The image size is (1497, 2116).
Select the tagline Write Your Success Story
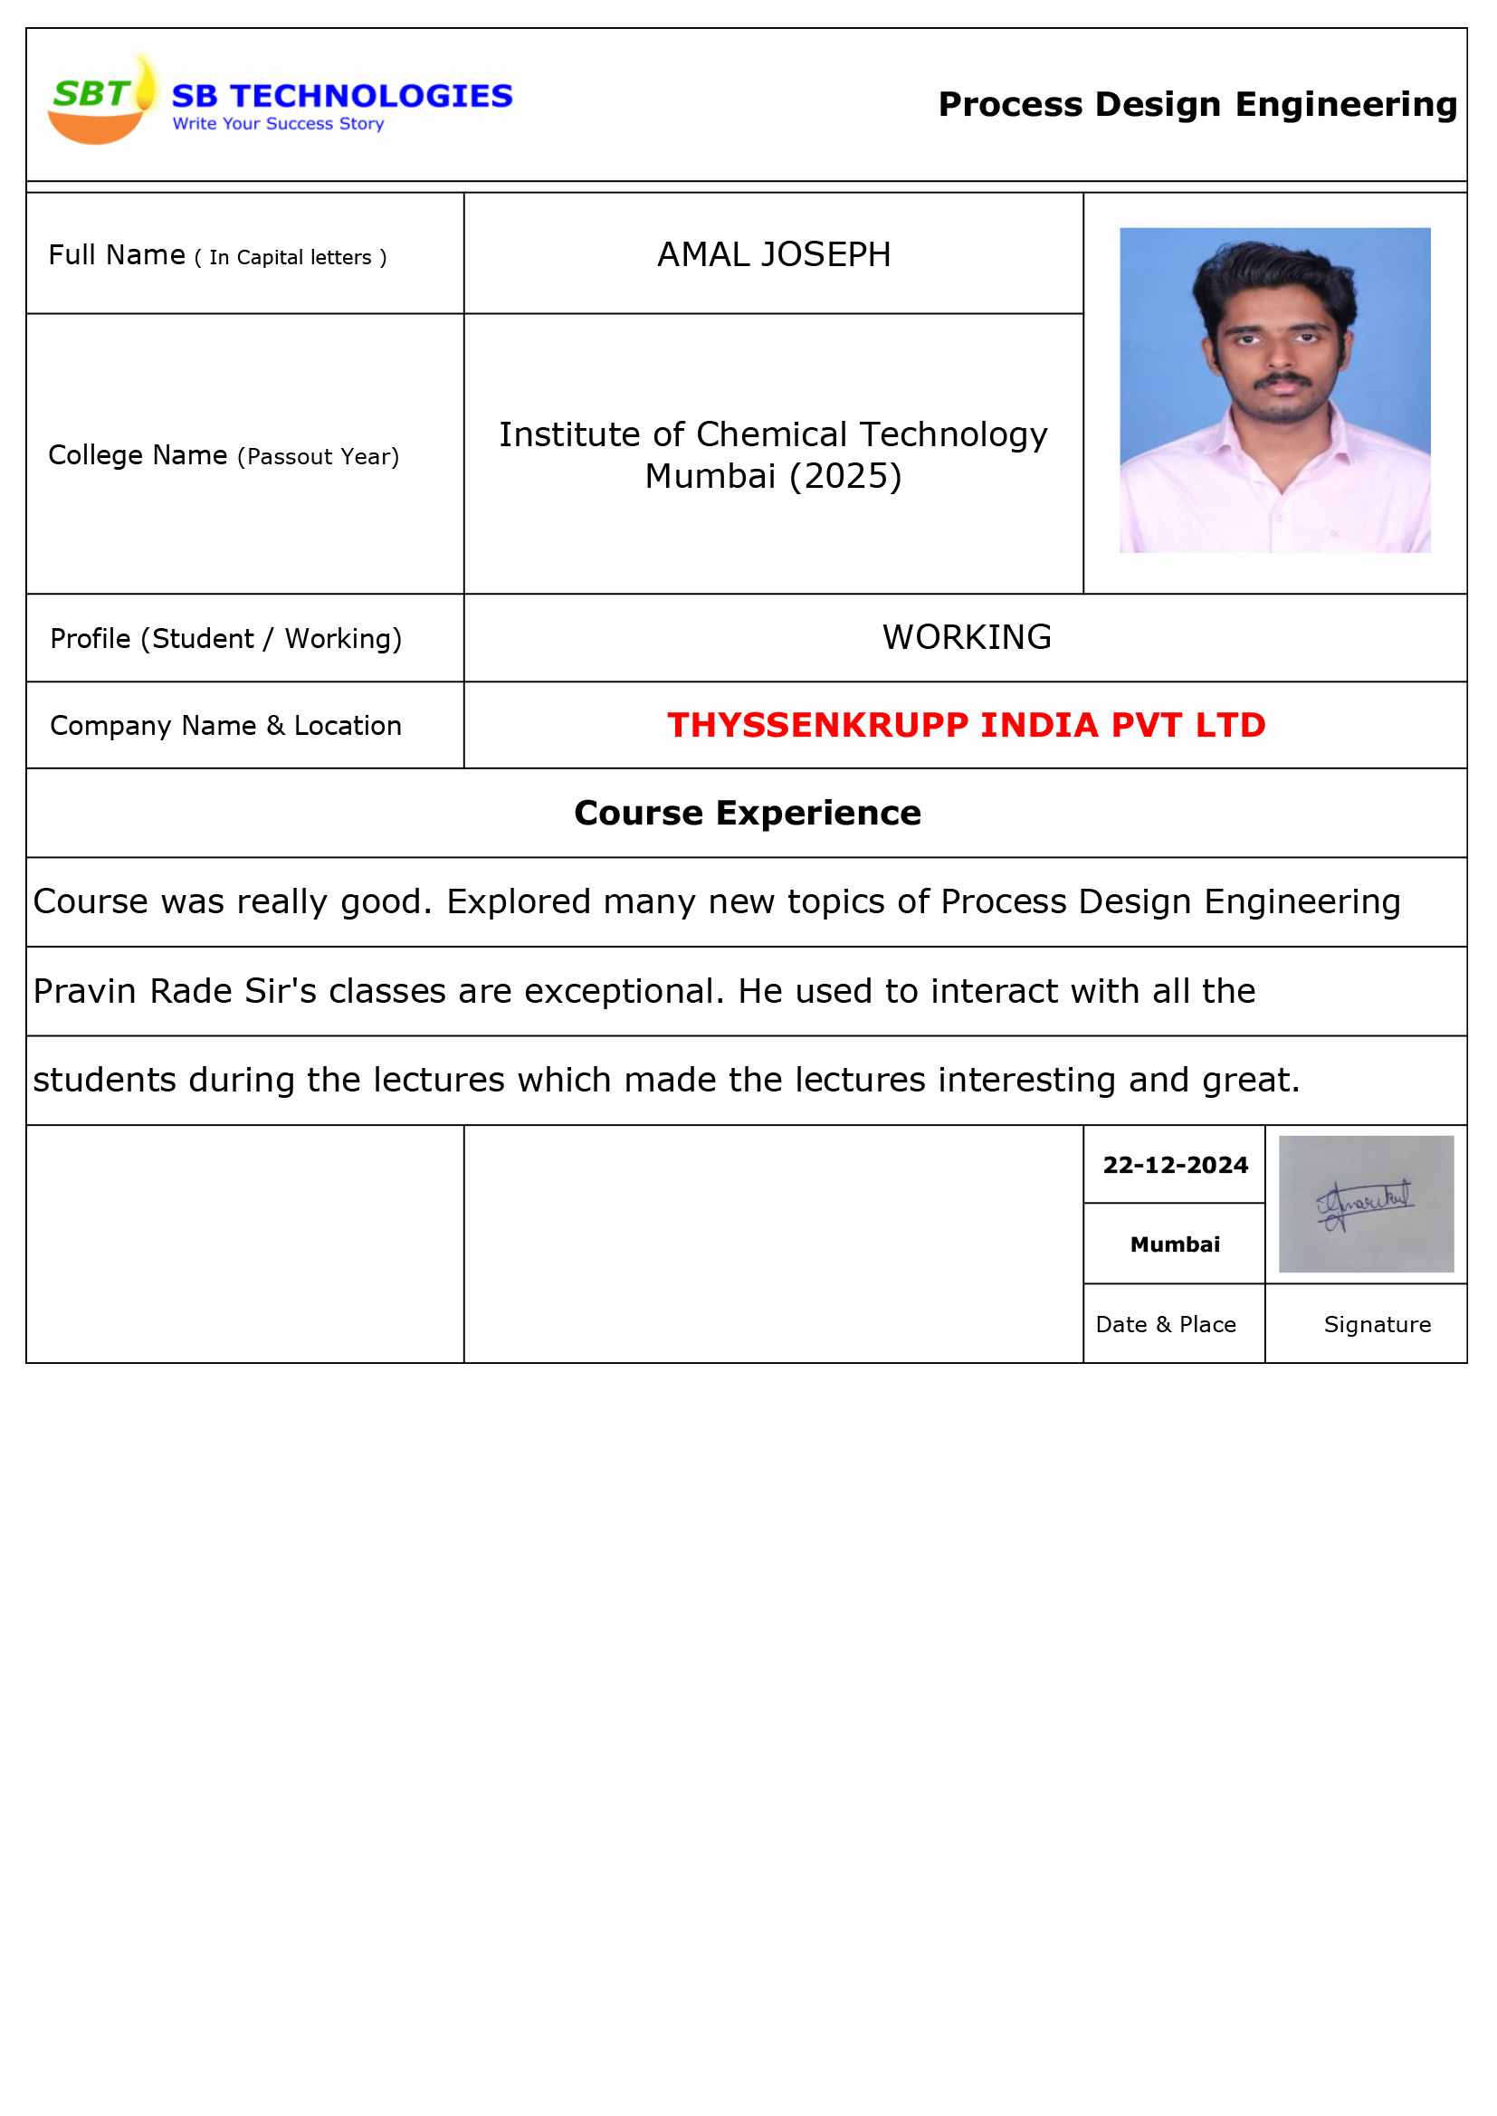point(278,123)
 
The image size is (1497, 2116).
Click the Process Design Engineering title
point(1197,104)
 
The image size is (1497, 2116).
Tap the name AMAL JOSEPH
point(773,254)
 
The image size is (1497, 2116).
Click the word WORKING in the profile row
point(966,637)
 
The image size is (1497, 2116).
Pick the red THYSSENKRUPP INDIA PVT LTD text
point(966,725)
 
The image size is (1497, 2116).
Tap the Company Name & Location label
point(226,726)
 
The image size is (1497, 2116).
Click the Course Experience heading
point(747,813)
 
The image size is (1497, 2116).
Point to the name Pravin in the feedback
point(84,991)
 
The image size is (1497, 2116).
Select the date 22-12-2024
point(1175,1165)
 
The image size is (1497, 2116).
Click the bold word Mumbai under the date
point(1175,1244)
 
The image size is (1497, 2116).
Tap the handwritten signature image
point(1365,1204)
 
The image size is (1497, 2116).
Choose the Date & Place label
point(1165,1324)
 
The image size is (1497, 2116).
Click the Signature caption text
point(1377,1324)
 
